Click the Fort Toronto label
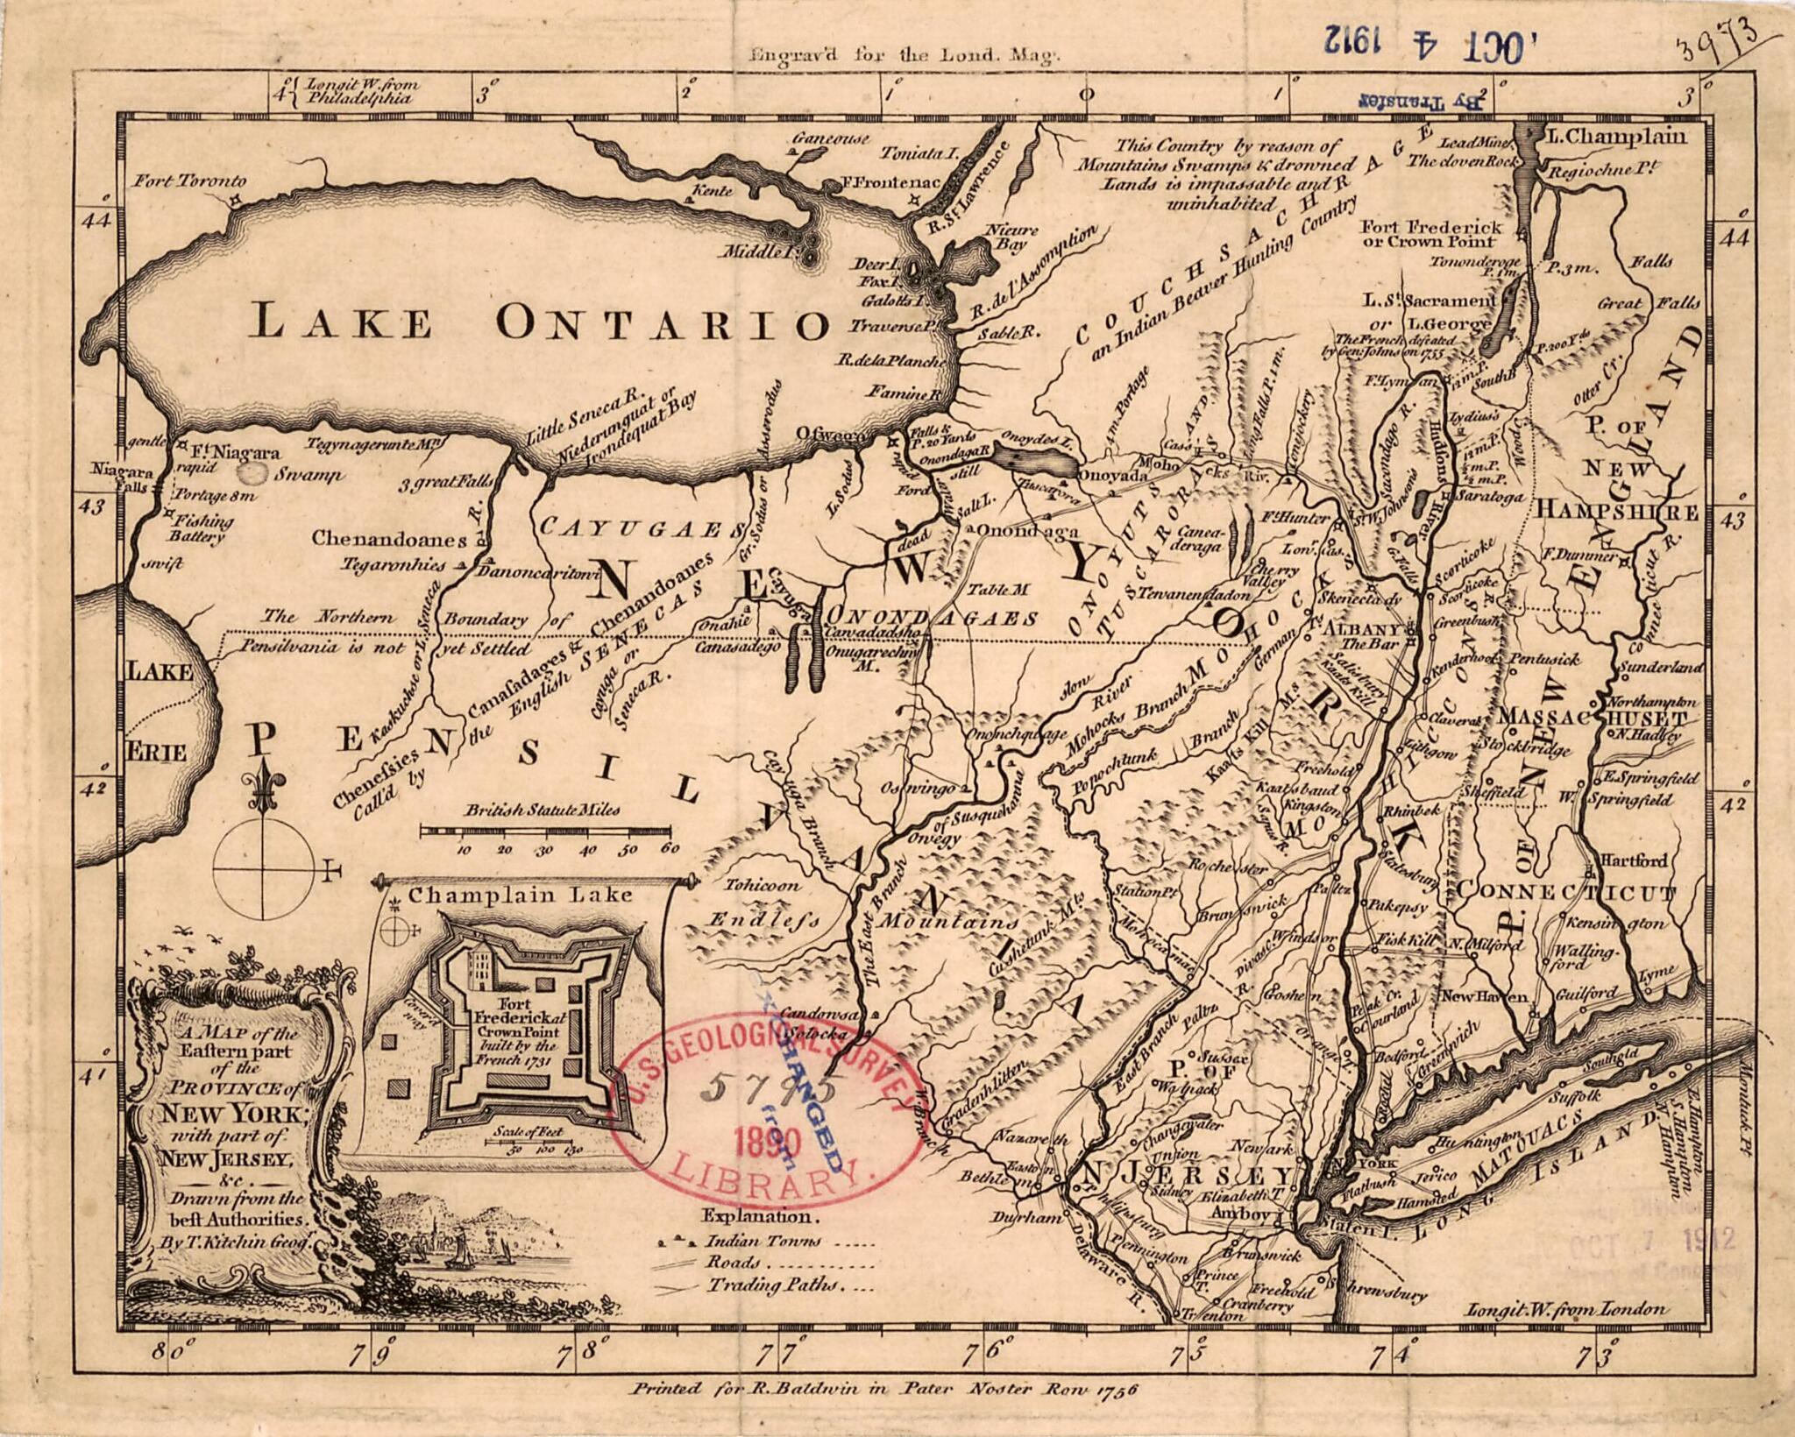click(x=190, y=181)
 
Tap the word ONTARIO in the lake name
click(x=662, y=323)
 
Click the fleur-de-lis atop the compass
click(x=261, y=782)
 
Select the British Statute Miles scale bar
click(x=545, y=829)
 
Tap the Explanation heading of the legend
click(x=759, y=1216)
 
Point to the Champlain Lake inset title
click(x=520, y=895)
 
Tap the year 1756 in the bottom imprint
click(x=1108, y=1389)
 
